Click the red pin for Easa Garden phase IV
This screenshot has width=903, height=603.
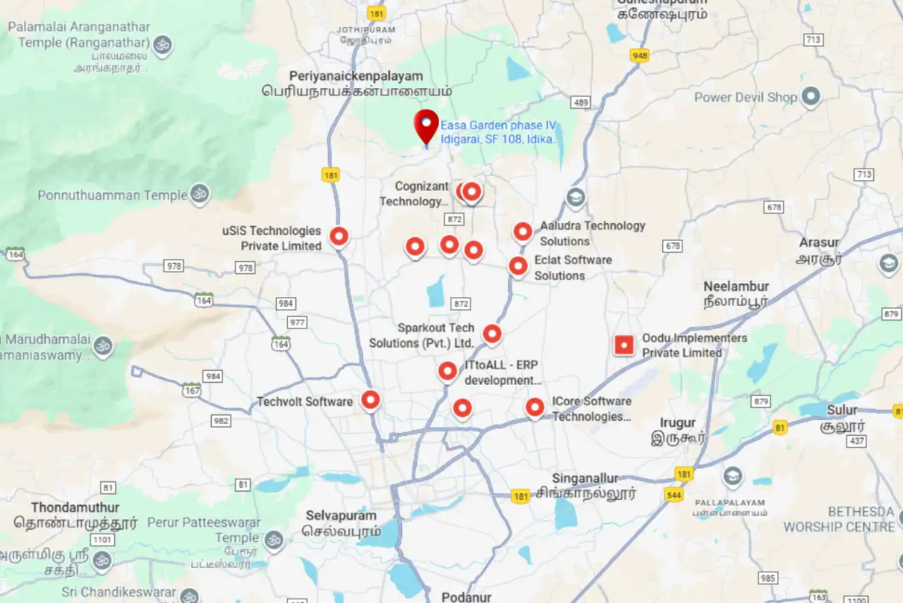[x=426, y=125]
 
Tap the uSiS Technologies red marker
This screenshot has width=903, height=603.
[x=339, y=236]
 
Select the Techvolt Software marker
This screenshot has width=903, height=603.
[x=370, y=400]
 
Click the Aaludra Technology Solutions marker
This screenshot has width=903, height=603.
[x=523, y=231]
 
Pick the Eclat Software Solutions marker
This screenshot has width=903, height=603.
[x=518, y=265]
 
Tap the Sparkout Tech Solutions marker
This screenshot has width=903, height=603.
[x=492, y=333]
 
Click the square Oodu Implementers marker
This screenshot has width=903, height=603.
[x=624, y=345]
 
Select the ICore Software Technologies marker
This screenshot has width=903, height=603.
[x=535, y=407]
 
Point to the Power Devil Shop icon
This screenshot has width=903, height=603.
[x=811, y=96]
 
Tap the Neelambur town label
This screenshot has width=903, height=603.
[x=736, y=287]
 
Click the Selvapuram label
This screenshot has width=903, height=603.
[x=341, y=515]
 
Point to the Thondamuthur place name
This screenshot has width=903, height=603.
[x=75, y=508]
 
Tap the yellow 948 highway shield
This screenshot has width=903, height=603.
[x=640, y=55]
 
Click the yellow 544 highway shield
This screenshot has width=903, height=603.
[x=673, y=494]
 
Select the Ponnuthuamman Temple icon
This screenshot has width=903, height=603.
[x=200, y=193]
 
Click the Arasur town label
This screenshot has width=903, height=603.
[x=818, y=243]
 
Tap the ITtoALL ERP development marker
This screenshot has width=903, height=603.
[x=447, y=370]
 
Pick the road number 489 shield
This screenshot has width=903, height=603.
[x=581, y=103]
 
